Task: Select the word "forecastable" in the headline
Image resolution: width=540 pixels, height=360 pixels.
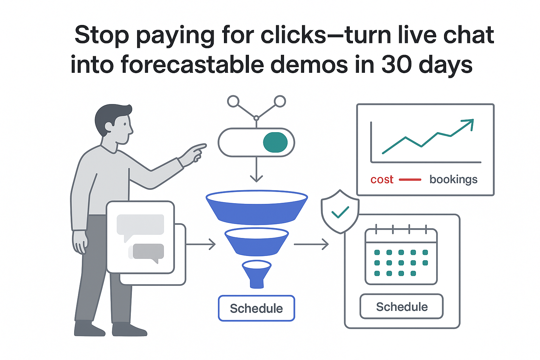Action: tap(192, 65)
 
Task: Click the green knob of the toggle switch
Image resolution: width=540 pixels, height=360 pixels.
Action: tap(275, 142)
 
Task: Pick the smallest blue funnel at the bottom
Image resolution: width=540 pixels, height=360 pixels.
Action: tap(257, 272)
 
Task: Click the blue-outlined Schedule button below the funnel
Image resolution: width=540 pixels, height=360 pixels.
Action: tap(256, 308)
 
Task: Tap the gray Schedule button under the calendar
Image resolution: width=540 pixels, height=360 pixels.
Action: tap(401, 307)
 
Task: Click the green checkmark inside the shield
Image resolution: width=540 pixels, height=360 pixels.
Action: tap(340, 212)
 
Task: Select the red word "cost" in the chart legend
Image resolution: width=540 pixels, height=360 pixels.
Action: tap(382, 180)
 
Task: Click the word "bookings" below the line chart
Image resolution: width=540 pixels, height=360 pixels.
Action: tap(453, 180)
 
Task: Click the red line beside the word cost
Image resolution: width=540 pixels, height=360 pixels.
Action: tap(410, 180)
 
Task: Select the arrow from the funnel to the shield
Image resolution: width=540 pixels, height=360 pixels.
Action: tap(311, 244)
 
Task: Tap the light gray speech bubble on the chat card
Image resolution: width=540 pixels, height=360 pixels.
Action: tap(140, 225)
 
